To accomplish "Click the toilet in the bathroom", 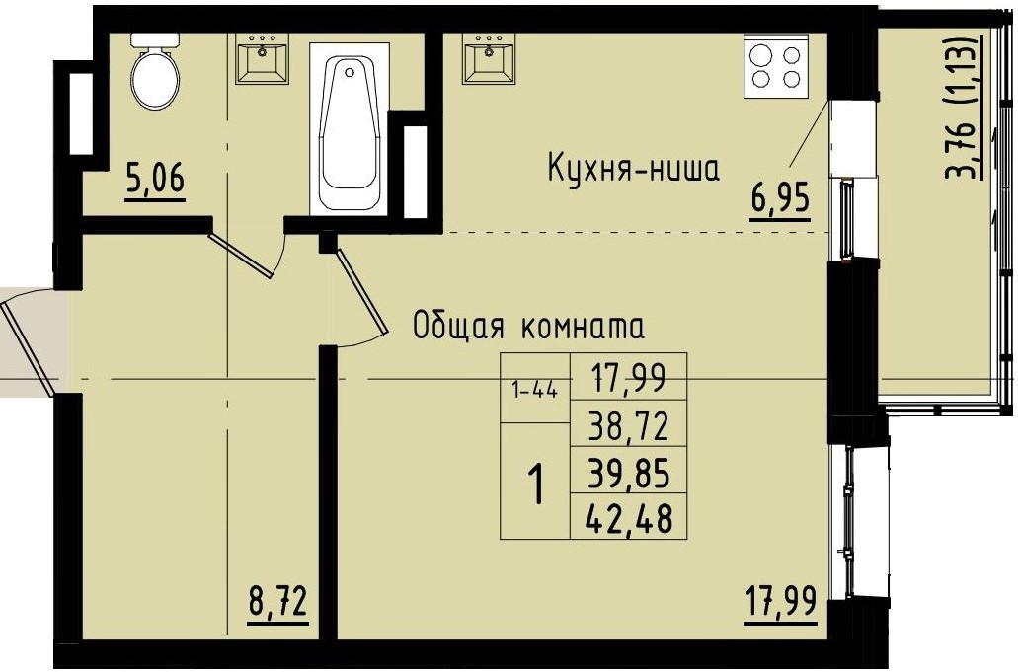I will point(154,71).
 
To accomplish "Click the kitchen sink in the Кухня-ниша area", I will point(489,60).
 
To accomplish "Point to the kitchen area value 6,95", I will point(780,200).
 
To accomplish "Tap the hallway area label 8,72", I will point(277,602).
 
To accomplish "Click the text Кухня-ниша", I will point(634,170).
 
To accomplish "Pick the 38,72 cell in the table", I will point(629,426).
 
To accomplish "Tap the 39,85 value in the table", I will point(629,474).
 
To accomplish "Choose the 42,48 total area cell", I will point(629,518).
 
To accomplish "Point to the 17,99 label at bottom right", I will point(780,602).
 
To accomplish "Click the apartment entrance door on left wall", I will point(28,340).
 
